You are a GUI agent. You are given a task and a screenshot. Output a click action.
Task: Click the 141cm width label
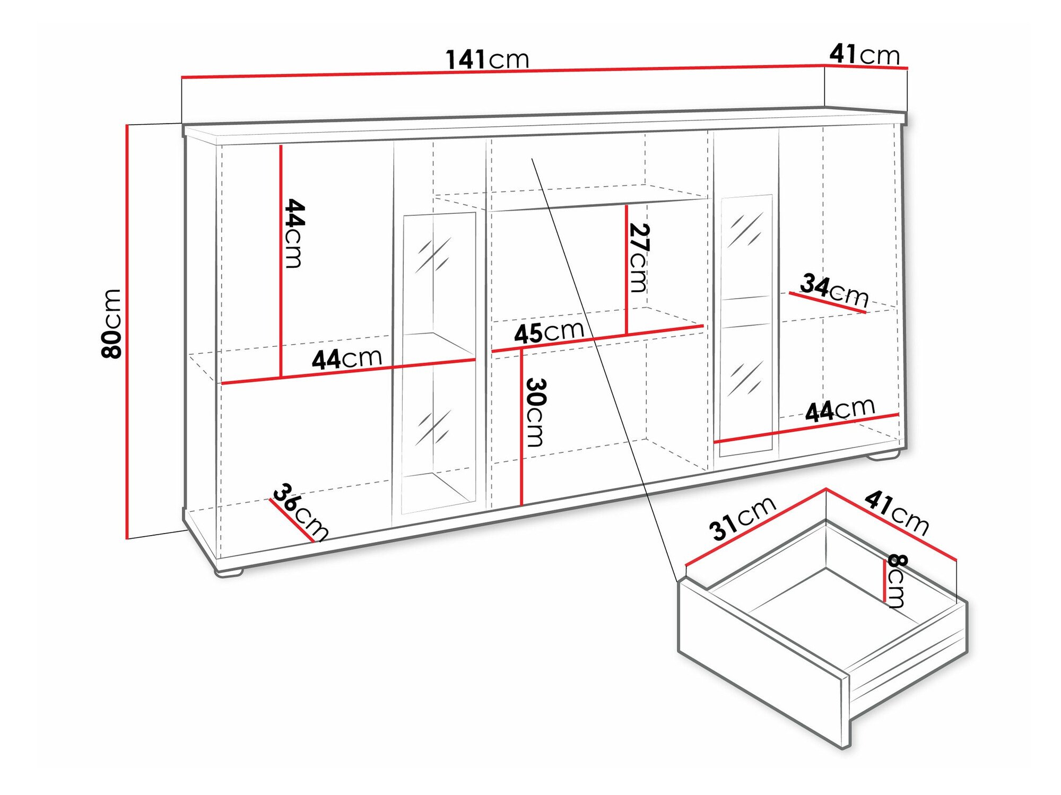[x=487, y=59]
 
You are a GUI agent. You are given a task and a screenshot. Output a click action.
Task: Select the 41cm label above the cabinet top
[x=865, y=54]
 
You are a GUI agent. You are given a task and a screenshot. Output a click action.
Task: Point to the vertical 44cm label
[x=294, y=233]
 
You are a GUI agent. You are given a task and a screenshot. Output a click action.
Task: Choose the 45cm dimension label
[x=549, y=333]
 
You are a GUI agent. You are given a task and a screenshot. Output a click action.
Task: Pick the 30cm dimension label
[x=535, y=412]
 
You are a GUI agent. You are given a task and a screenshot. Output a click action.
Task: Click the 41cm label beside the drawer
[x=897, y=512]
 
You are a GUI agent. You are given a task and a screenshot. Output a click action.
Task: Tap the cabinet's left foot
[x=229, y=572]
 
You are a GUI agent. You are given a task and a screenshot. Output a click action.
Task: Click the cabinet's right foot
[x=886, y=455]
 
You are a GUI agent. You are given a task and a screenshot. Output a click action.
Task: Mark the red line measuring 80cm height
[x=127, y=331]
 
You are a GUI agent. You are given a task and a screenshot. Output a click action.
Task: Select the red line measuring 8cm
[x=884, y=581]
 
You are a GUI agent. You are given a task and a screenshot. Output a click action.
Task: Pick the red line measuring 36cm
[x=292, y=520]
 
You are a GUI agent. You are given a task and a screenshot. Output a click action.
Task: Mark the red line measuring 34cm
[x=828, y=302]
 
